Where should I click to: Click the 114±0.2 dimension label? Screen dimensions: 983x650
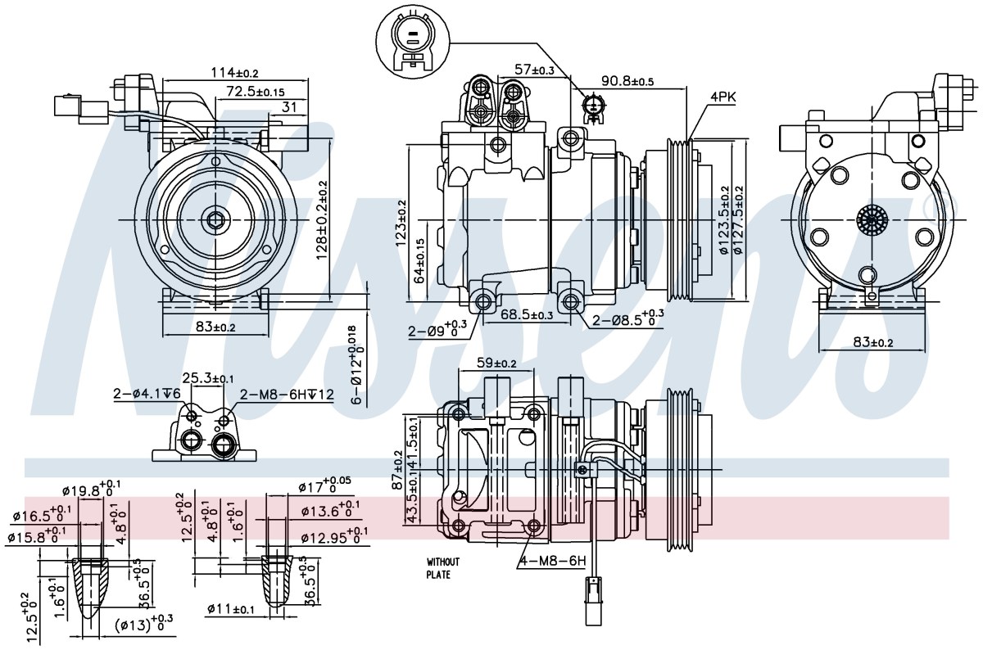[x=235, y=72]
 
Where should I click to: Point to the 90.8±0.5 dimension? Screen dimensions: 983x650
[x=627, y=93]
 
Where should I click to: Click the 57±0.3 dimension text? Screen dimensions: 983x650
[x=534, y=70]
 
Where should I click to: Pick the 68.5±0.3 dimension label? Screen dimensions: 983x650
[x=527, y=314]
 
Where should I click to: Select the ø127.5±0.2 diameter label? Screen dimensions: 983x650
[x=739, y=219]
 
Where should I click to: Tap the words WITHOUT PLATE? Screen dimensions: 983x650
[x=443, y=568]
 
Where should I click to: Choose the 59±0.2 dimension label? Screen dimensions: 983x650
[x=496, y=363]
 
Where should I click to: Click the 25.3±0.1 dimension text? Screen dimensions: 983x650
[x=208, y=377]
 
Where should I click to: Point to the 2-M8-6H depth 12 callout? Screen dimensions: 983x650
[x=287, y=395]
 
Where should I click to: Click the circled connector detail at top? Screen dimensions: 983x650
[x=413, y=40]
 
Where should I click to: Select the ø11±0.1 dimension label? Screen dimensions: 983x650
[x=231, y=609]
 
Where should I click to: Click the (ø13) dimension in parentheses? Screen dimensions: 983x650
[x=144, y=623]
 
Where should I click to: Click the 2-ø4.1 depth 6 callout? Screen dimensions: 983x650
[x=147, y=394]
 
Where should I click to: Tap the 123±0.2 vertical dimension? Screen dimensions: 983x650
[x=401, y=223]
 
